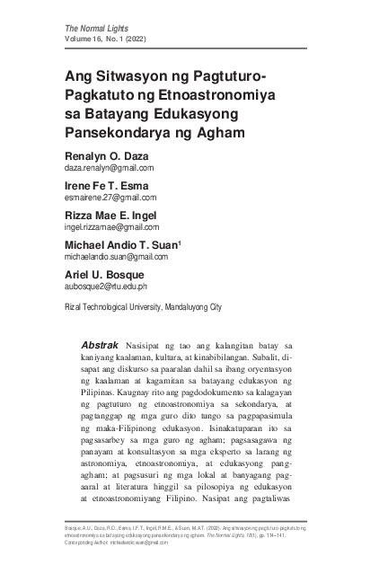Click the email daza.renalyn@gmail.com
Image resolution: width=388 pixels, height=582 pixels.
coord(109,168)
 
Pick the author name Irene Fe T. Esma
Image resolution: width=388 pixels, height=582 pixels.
coord(105,186)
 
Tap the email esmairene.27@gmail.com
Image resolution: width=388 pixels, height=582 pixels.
coord(110,198)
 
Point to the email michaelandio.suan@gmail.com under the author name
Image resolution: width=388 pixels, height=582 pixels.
coord(122,257)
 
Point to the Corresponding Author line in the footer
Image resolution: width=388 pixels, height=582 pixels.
coord(116,542)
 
